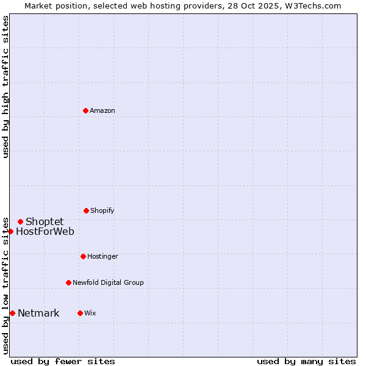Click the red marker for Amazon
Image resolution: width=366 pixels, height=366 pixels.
pos(85,110)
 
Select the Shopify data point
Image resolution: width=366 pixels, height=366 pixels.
pos(86,210)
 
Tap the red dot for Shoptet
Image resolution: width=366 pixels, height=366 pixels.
pos(20,221)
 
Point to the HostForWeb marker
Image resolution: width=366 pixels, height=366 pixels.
pos(10,231)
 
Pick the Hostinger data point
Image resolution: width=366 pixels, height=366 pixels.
pos(83,256)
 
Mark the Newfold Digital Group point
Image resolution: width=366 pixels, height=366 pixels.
pos(68,282)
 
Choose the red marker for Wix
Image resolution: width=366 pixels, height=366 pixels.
pos(80,313)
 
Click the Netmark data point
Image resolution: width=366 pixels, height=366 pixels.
pos(12,313)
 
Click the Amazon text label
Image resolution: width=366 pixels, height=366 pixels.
pos(102,110)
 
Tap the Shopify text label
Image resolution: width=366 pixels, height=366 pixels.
pos(102,210)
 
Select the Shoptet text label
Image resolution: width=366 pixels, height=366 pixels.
pos(45,221)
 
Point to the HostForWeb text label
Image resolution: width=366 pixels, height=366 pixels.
pos(45,231)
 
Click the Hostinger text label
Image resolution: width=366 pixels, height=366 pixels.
pos(102,256)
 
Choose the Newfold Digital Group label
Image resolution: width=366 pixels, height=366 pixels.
pos(108,282)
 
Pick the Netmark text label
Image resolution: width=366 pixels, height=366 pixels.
pos(38,314)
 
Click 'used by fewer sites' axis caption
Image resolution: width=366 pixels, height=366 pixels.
pos(63,361)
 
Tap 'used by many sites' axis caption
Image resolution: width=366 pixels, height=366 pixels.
pos(306,361)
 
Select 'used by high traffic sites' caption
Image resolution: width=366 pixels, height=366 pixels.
pos(5,87)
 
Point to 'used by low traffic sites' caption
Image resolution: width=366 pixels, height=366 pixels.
pos(5,285)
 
